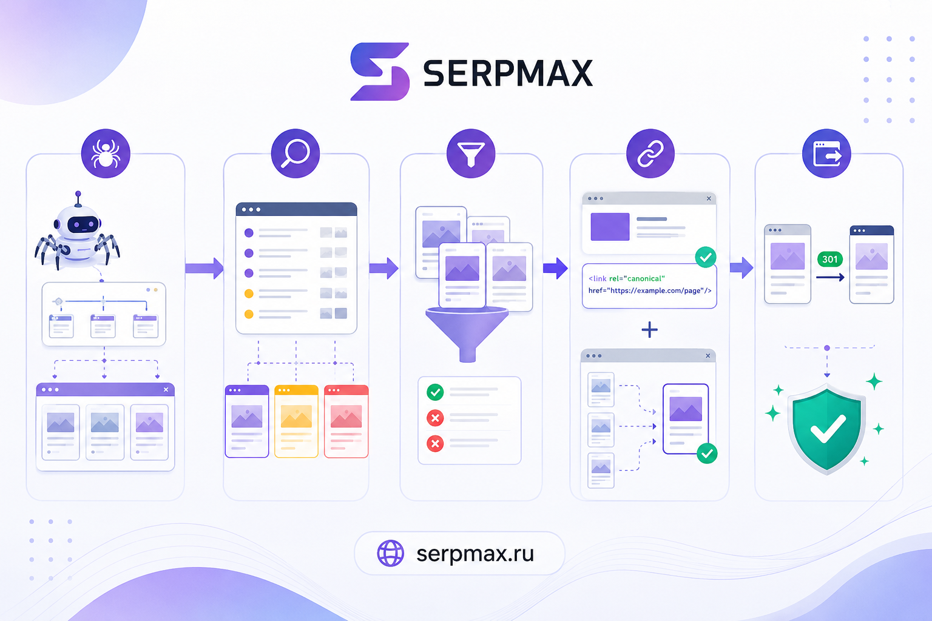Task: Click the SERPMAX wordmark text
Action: click(508, 73)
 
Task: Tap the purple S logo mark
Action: click(380, 72)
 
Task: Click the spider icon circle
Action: click(106, 153)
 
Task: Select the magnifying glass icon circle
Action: click(295, 153)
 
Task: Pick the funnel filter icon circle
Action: click(471, 153)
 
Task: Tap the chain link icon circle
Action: click(650, 153)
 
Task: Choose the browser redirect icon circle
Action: click(827, 153)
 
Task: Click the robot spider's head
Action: click(79, 224)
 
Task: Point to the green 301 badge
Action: click(830, 259)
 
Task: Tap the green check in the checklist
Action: click(435, 392)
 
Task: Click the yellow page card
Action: click(296, 421)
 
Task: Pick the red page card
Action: click(346, 421)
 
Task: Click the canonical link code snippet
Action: click(649, 285)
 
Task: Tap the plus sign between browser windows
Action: click(649, 330)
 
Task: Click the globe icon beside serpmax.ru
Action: click(390, 553)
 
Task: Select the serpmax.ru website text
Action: click(475, 554)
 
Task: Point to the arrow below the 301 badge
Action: click(830, 277)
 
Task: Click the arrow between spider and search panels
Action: click(204, 268)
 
